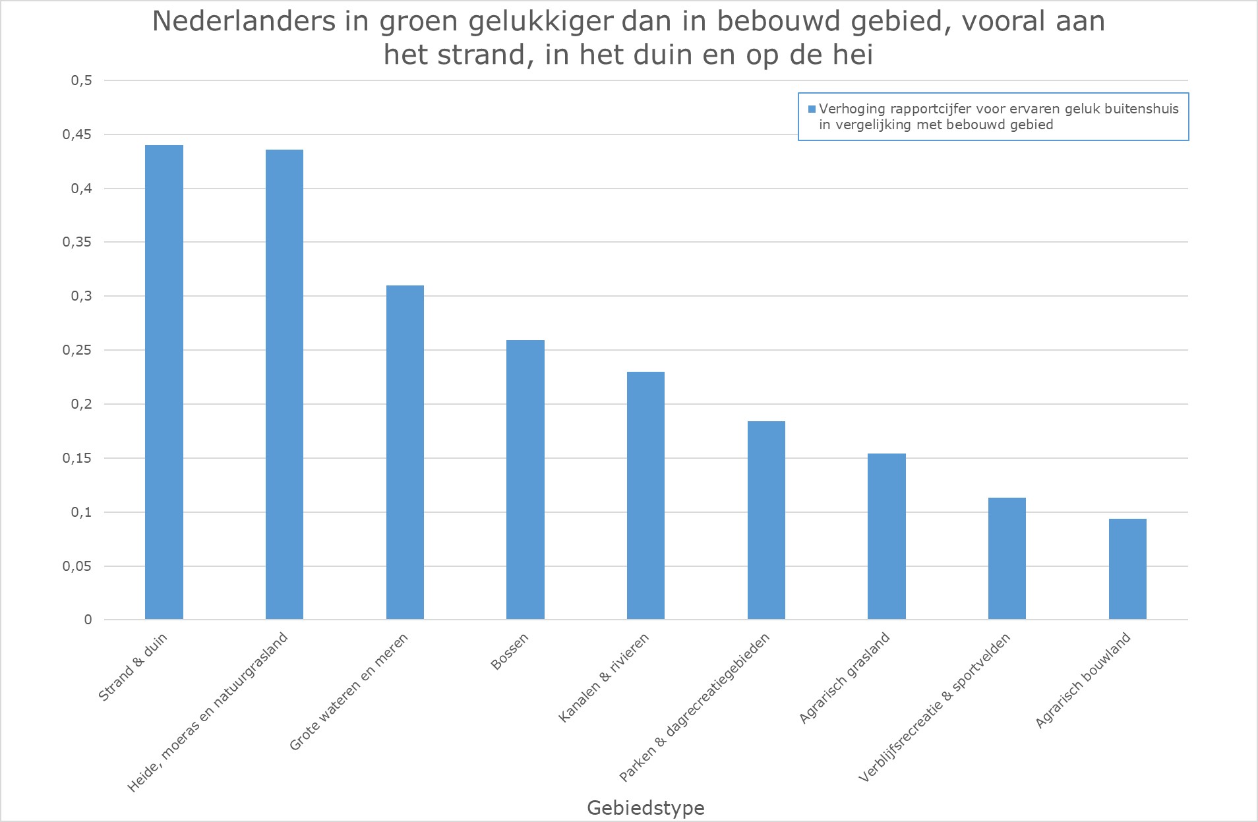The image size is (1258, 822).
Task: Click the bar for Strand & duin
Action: [164, 382]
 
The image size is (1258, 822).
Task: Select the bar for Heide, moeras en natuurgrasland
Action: [284, 384]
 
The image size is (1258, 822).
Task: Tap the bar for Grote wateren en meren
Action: [405, 452]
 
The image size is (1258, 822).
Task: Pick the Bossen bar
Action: [525, 480]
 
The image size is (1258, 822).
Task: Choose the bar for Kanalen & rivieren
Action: [645, 496]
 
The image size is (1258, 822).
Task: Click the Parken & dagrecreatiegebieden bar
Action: [766, 520]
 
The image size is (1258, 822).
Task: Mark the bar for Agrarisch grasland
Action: [887, 537]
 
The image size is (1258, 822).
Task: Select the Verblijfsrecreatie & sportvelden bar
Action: [1007, 558]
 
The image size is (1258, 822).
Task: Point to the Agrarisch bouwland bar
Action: [1127, 569]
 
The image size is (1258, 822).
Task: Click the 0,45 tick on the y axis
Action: [77, 135]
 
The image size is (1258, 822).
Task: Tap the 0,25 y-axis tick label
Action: [77, 351]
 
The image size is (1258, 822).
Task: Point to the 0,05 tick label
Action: [77, 566]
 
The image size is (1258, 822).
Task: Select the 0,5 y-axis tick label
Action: [81, 81]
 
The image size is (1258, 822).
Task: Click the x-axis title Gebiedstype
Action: [645, 807]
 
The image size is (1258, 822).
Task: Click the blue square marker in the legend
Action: [812, 109]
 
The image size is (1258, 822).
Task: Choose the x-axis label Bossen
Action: [510, 651]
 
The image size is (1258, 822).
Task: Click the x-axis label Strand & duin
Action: [133, 666]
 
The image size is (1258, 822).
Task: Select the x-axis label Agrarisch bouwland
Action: [1083, 680]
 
